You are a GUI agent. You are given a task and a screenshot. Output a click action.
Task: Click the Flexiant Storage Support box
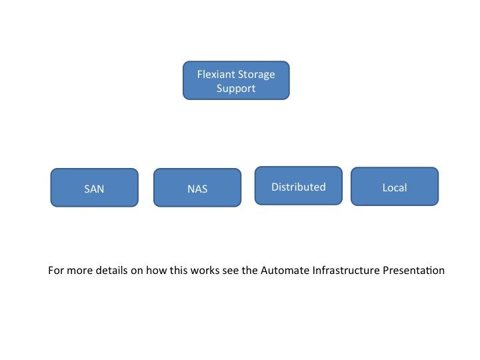point(236,81)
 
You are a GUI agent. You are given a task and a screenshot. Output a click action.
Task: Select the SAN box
point(94,187)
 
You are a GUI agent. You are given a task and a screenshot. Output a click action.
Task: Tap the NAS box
point(197,187)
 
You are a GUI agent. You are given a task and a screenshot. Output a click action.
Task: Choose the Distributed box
point(299,186)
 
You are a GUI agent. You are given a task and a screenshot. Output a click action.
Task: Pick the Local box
point(395,187)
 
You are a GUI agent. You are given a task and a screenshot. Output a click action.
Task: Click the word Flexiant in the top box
point(216,75)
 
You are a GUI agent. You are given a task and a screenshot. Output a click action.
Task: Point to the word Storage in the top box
point(257,75)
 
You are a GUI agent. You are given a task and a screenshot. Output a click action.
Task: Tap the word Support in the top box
point(236,89)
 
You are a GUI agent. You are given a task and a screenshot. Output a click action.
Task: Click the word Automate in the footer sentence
point(285,270)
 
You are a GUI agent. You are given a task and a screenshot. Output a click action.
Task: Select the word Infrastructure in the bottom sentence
point(346,270)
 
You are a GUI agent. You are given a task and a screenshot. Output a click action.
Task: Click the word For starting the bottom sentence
point(56,270)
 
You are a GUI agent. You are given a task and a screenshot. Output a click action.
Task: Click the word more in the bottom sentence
point(79,271)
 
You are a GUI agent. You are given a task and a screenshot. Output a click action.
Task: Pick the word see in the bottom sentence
point(231,271)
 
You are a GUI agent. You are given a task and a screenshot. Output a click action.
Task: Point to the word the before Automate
point(250,270)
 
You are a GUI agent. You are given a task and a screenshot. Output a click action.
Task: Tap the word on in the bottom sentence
point(137,271)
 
